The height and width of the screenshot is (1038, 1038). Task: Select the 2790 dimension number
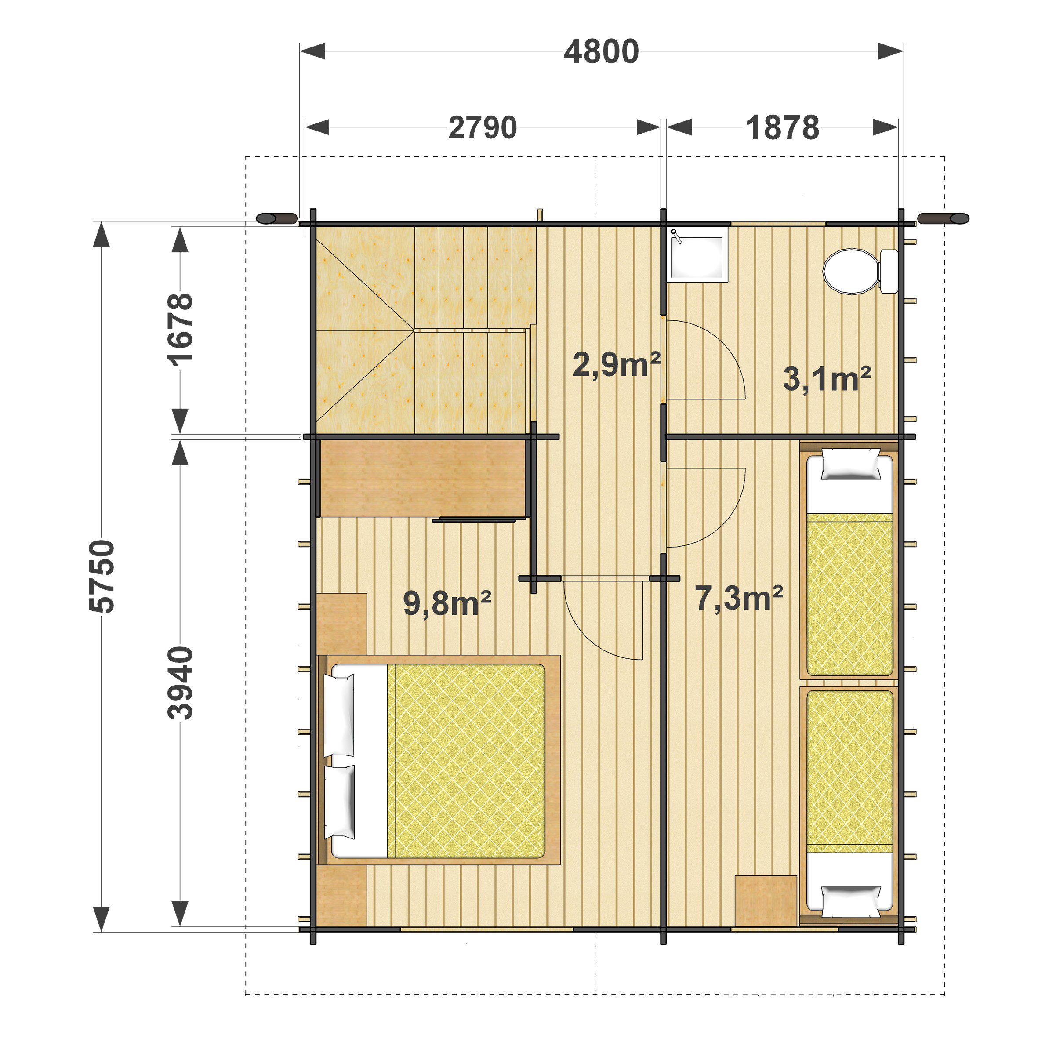483,128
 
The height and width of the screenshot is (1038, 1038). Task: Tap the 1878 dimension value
782,128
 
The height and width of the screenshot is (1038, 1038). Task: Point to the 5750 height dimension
102,577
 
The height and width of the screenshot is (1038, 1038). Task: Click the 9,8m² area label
447,603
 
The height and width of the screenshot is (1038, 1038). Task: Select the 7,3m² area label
739,597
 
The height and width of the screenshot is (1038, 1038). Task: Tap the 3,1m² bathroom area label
827,379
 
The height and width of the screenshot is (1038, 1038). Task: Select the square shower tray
698,254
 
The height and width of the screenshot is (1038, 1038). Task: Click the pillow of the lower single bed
851,901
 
